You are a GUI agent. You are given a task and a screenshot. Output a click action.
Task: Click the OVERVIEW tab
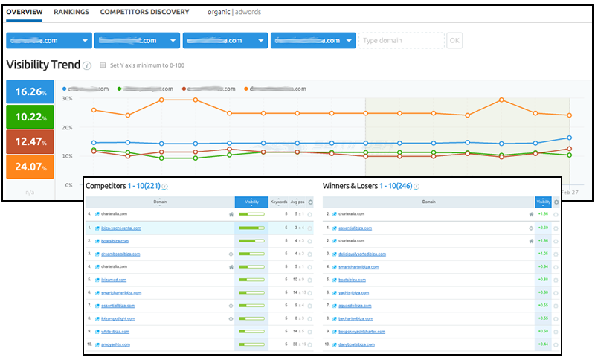[x=24, y=12]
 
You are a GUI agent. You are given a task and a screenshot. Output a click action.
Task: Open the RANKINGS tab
[x=71, y=12]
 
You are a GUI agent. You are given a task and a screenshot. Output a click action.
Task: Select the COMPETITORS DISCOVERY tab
[x=144, y=12]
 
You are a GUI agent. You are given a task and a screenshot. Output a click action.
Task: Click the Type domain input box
[x=401, y=41]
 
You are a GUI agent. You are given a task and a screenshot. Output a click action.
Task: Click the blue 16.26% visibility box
[x=30, y=92]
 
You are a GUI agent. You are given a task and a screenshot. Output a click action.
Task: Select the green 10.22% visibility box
[x=30, y=118]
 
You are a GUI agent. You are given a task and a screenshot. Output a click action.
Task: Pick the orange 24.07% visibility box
[x=30, y=167]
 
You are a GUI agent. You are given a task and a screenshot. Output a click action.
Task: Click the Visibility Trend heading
[x=43, y=65]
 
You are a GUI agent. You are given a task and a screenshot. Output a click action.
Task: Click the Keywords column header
[x=280, y=202]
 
